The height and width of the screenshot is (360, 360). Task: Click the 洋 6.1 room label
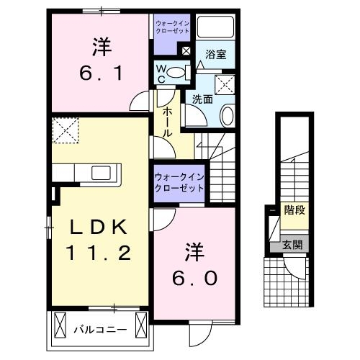pos(100,60)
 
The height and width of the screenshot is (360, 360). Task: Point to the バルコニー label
pos(101,330)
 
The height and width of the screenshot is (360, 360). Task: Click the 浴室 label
pos(215,54)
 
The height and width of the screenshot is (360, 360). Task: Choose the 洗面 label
pos(202,100)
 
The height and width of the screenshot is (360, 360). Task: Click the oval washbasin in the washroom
pos(228,115)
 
